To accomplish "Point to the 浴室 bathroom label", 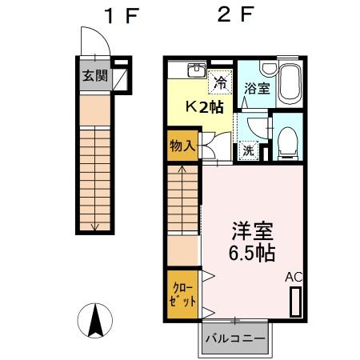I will (x=257, y=89).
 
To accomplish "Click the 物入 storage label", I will (x=182, y=146).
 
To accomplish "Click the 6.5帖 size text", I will (x=251, y=254).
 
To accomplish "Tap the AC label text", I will (x=294, y=277).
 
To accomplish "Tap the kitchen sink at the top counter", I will (x=195, y=70).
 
